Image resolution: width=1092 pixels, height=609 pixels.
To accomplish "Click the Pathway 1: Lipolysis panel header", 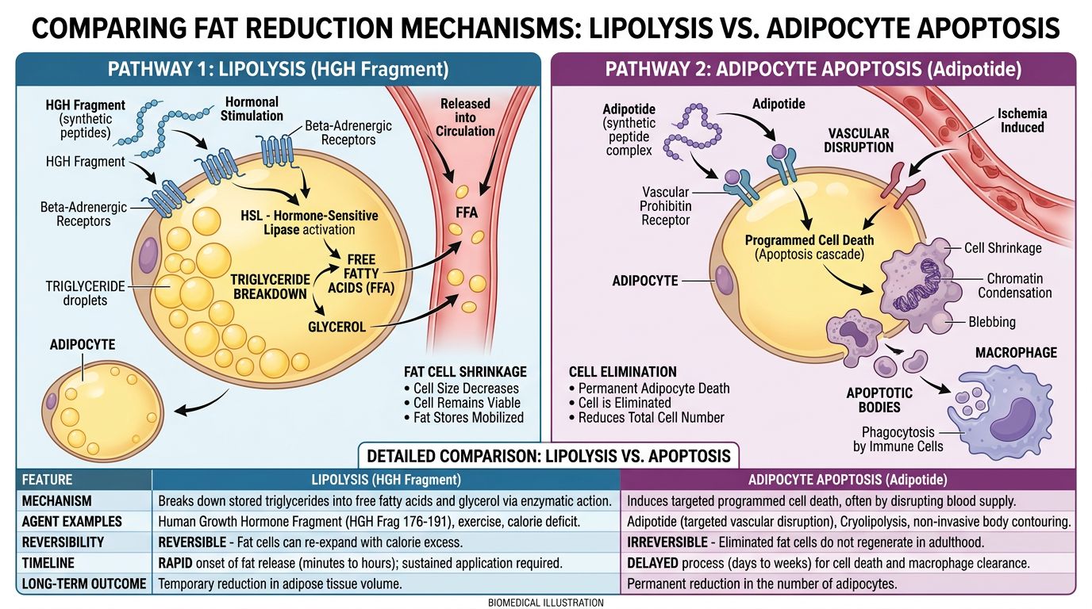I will click(x=278, y=69).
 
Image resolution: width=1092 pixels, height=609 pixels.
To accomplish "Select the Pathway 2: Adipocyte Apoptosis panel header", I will click(x=813, y=69).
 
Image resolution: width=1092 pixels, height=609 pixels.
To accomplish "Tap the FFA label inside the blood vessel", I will click(x=466, y=213).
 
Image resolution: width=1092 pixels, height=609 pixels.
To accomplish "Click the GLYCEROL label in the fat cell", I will click(x=336, y=327).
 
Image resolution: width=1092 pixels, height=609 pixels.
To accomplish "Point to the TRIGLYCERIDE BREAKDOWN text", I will click(x=269, y=286).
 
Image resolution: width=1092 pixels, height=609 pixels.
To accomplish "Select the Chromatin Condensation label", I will click(x=1014, y=285).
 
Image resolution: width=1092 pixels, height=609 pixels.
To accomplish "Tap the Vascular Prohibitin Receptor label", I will click(x=666, y=205).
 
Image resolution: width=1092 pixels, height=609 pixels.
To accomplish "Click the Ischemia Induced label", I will click(x=1021, y=120).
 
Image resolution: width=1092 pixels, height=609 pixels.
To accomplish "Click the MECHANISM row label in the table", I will click(x=56, y=501).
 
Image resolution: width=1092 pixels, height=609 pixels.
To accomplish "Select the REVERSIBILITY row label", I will click(x=63, y=542).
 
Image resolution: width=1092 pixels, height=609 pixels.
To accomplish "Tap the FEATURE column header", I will click(x=47, y=480).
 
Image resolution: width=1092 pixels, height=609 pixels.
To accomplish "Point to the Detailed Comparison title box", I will click(x=548, y=456).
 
